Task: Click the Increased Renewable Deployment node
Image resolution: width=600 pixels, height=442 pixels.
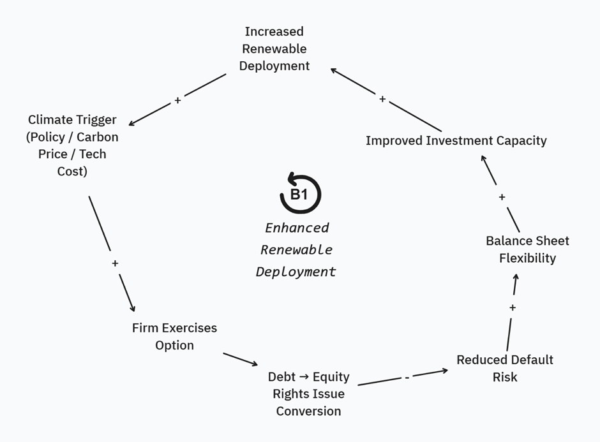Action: pos(274,48)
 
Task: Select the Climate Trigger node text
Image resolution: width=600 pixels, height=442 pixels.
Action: pos(73,145)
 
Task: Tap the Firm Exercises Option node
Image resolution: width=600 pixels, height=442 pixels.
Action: pos(174,336)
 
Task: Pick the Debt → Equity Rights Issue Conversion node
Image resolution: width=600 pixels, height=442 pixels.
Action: pos(308,394)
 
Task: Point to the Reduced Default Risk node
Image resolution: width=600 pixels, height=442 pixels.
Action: pos(505,368)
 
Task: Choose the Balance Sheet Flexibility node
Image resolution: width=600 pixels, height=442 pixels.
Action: pos(527,249)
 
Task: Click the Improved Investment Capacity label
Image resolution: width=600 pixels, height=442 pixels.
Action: pos(456,140)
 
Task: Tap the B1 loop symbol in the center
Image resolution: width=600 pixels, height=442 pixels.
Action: pos(300,194)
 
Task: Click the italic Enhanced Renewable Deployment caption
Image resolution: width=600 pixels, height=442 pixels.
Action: pos(296,249)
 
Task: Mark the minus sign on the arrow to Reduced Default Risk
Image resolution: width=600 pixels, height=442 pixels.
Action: pos(407,378)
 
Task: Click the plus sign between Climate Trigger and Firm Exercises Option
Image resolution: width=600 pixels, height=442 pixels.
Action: pos(115,263)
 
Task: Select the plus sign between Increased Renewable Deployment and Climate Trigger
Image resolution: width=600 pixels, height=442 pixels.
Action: pos(177,100)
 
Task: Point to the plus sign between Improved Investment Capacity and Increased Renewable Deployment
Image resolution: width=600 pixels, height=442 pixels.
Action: pos(382,99)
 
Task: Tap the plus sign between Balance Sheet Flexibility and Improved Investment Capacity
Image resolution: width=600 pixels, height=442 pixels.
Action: pos(502,197)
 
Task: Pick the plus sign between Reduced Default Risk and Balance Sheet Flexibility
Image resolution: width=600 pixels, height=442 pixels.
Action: pos(513,307)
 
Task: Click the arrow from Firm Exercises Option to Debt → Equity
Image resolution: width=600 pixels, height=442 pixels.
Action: pos(240,359)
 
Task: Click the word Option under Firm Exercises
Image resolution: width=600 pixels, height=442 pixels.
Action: pos(174,345)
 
